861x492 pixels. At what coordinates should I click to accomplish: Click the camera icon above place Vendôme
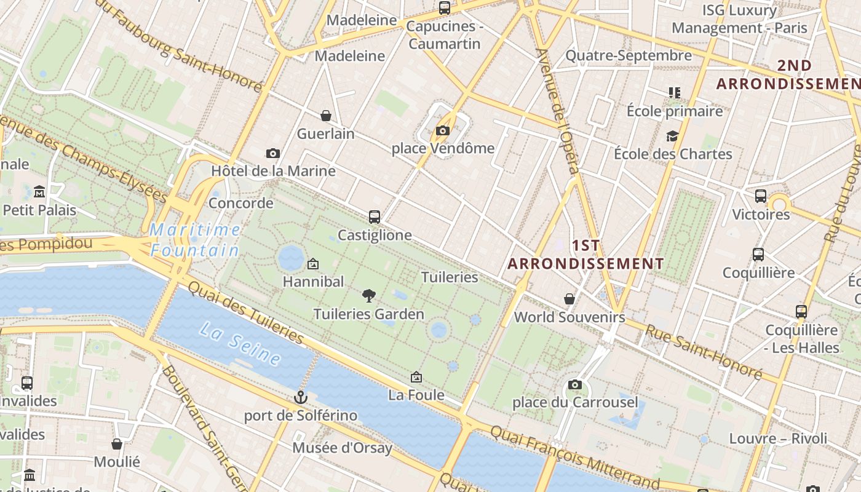(442, 130)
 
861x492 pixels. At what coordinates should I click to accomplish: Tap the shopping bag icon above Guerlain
(326, 116)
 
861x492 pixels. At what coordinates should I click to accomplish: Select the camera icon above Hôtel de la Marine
(273, 153)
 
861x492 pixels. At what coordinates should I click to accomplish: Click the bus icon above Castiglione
(375, 216)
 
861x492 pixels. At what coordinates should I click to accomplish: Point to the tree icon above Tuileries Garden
(368, 296)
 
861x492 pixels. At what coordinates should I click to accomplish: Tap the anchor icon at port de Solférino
(300, 397)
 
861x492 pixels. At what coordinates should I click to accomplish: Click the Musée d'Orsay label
(342, 448)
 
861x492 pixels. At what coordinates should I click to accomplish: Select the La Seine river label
(240, 344)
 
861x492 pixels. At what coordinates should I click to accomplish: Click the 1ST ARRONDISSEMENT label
(585, 255)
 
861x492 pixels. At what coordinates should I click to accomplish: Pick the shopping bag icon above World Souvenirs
(569, 299)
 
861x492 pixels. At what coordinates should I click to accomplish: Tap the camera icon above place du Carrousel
(575, 384)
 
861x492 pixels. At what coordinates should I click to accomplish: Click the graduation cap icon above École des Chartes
(673, 136)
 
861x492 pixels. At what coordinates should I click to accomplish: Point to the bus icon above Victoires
(761, 196)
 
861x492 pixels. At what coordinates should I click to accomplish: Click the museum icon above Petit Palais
(39, 192)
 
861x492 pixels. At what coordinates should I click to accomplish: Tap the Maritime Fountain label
(195, 240)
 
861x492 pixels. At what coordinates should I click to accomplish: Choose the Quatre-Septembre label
(629, 56)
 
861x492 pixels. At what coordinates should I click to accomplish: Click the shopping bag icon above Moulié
(117, 443)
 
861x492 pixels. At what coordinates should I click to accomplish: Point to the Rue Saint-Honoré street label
(703, 351)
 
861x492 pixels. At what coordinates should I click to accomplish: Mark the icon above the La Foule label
(416, 377)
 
